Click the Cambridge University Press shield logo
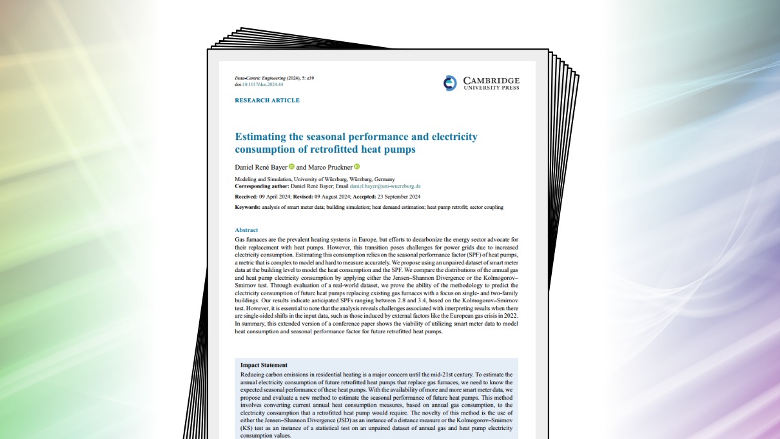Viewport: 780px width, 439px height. pyautogui.click(x=450, y=83)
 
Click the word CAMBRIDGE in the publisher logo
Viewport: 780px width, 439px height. pyautogui.click(x=491, y=81)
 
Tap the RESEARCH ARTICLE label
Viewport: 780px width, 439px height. pyautogui.click(x=267, y=101)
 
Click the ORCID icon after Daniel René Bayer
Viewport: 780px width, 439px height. pyautogui.click(x=291, y=167)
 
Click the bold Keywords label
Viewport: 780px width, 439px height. pyautogui.click(x=247, y=207)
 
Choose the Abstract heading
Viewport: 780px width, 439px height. pyautogui.click(x=246, y=230)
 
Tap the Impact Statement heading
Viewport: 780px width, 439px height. pyautogui.click(x=264, y=365)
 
